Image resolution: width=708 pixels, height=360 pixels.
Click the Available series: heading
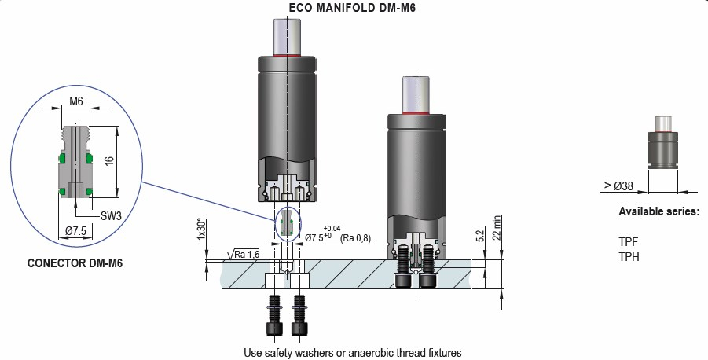point(658,212)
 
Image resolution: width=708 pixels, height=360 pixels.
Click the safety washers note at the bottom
point(353,352)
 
